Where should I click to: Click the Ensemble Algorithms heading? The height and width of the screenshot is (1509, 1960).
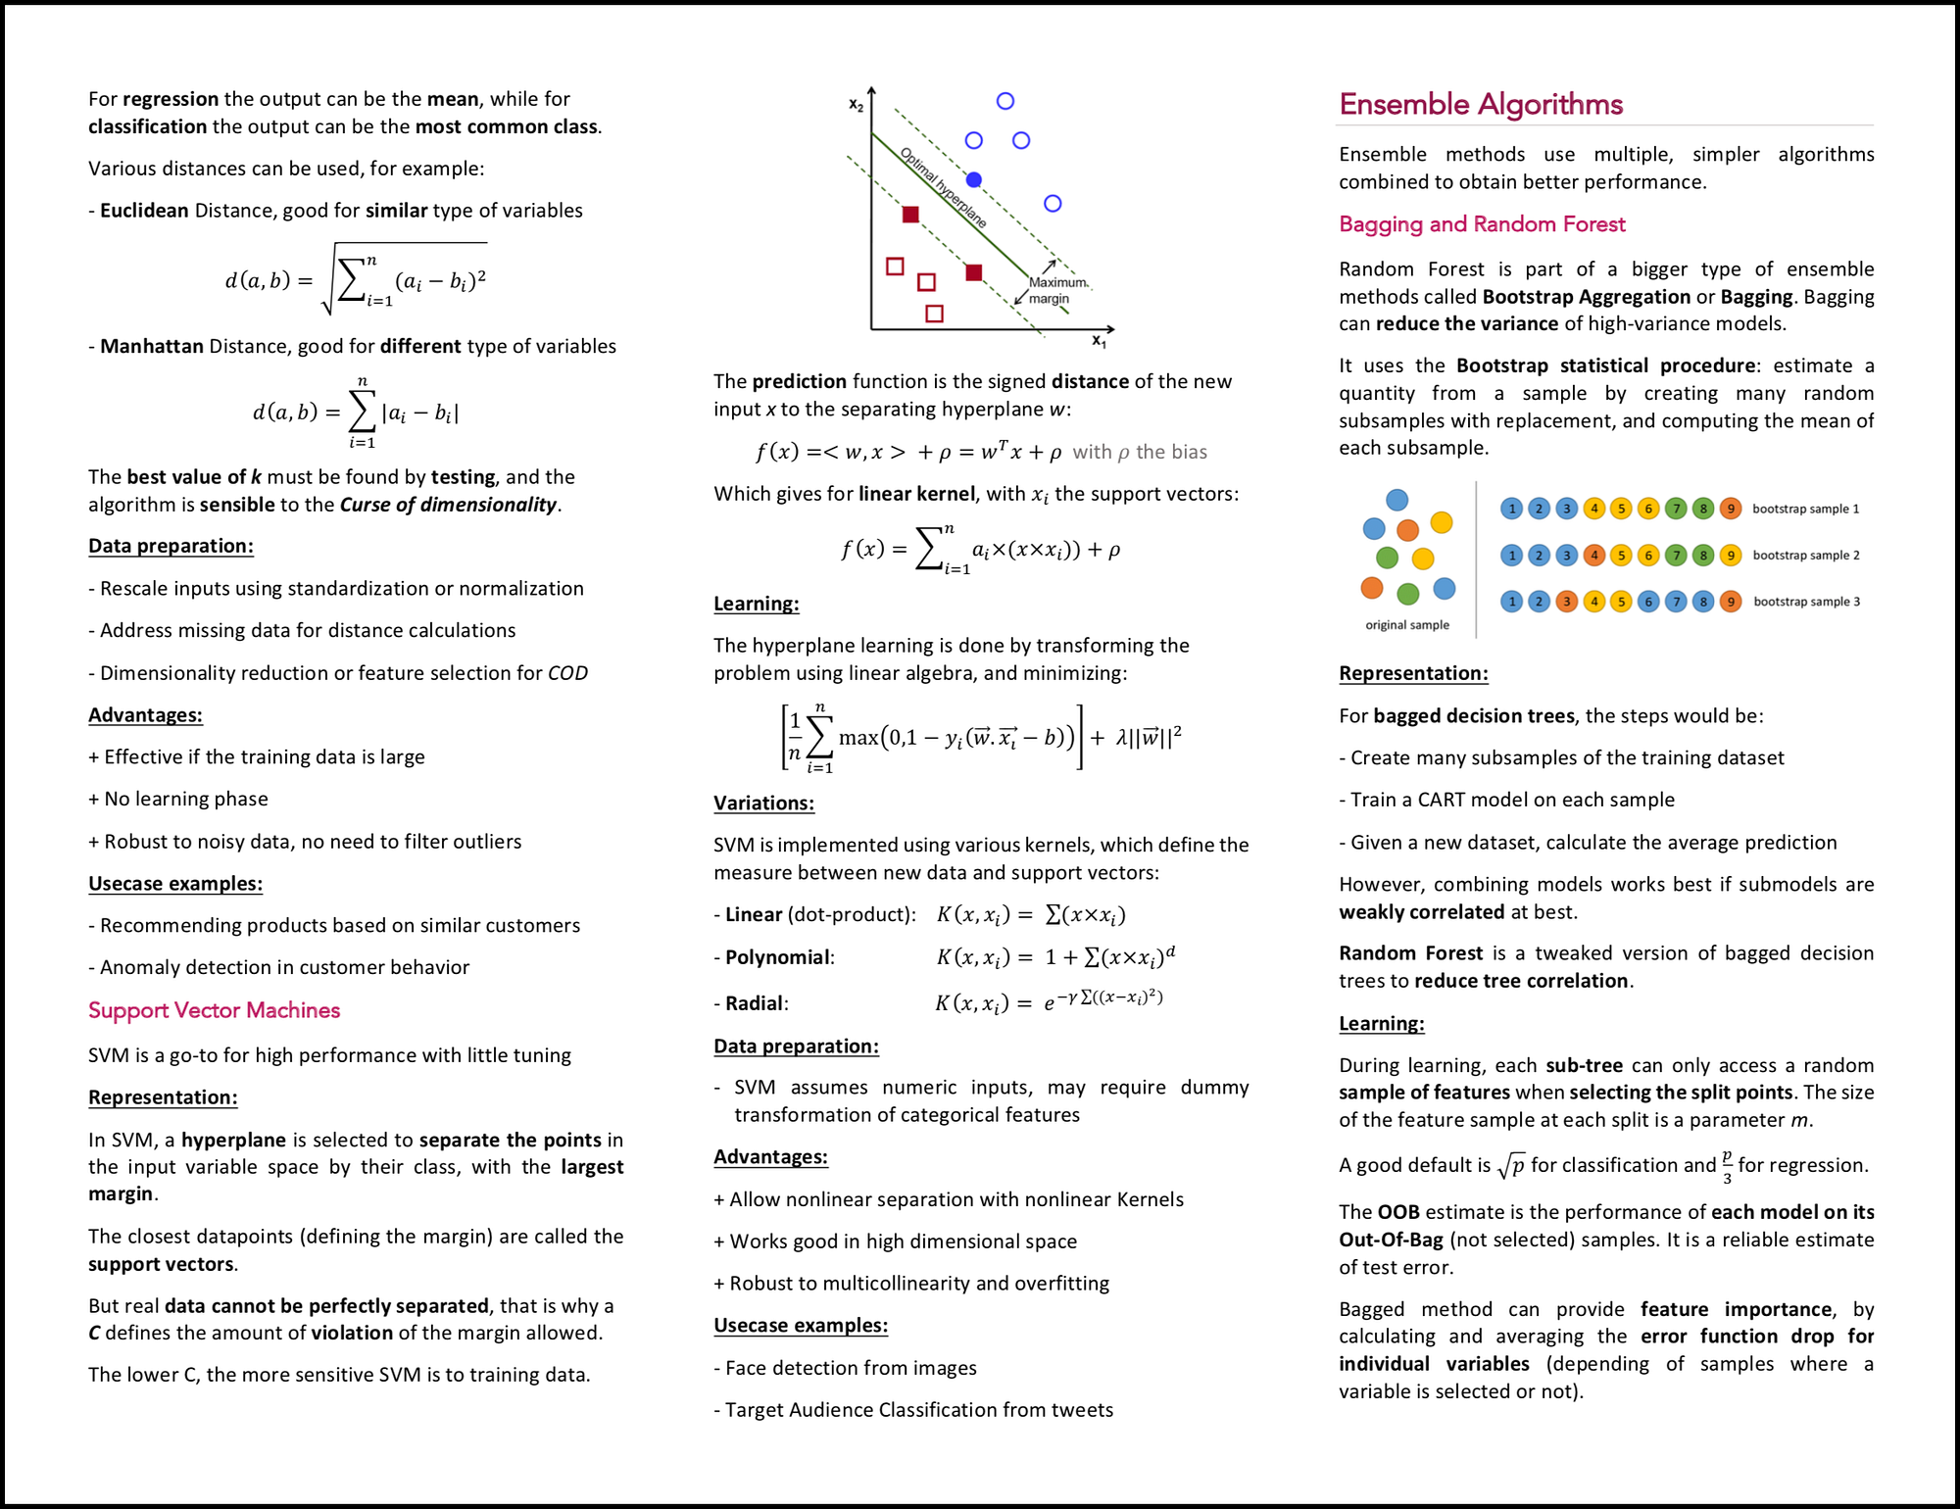coord(1480,104)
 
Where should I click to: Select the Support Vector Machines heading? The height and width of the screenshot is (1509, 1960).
coord(214,1010)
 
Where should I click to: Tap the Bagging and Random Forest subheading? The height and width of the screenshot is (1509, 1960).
coord(1481,224)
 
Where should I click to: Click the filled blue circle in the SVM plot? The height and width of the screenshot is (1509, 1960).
coord(973,179)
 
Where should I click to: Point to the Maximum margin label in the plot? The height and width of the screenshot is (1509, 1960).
coord(1056,290)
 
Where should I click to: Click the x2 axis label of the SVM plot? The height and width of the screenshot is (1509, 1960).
coord(856,105)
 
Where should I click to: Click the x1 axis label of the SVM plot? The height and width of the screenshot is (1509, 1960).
coord(1099,342)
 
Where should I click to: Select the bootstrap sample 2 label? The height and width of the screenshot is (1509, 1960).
coord(1805,556)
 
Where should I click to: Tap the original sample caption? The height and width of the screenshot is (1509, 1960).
coord(1406,625)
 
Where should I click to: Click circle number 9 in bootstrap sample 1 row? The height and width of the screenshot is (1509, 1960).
coord(1731,509)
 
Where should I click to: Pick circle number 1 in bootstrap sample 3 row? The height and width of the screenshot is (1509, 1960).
coord(1511,602)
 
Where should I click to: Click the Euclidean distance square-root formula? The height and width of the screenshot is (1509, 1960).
coord(356,280)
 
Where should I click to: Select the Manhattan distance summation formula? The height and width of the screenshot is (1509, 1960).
coord(356,413)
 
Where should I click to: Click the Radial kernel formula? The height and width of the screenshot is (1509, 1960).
coord(1049,1001)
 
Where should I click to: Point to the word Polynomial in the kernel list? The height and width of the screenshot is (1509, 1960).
coord(777,957)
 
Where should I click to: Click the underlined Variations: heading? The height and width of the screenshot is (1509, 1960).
coord(763,803)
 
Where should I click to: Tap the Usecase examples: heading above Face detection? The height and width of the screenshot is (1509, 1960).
coord(800,1326)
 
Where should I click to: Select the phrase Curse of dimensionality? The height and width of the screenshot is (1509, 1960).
coord(448,505)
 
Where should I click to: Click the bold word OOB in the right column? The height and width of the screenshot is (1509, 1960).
coord(1397,1212)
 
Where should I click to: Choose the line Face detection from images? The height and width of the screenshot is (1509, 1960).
coord(850,1368)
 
